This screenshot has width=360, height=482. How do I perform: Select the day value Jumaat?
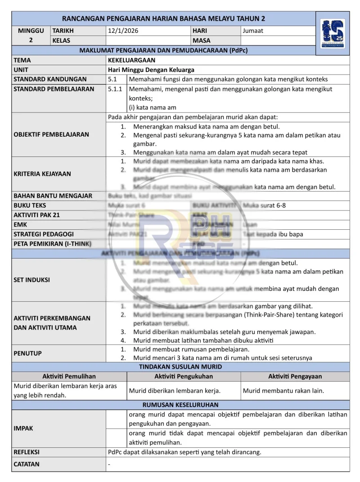click(253, 31)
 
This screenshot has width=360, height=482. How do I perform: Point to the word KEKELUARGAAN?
click(131, 60)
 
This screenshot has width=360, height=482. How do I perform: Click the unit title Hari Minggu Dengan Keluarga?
click(151, 70)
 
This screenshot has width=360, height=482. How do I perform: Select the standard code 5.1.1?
click(115, 89)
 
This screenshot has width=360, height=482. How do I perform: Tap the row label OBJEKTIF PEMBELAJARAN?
click(51, 134)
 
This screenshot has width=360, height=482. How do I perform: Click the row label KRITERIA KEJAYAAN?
click(42, 174)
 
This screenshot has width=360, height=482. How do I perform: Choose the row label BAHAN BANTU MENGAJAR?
click(53, 196)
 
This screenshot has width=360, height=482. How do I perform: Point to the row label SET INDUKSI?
click(32, 280)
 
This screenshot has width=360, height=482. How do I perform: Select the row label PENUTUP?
click(28, 353)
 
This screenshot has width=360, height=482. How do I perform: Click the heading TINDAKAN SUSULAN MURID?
click(180, 367)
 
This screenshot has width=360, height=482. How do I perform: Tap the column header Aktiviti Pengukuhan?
click(184, 376)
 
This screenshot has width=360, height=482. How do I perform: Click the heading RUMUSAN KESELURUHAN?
click(180, 405)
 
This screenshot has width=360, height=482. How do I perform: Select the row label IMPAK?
click(23, 428)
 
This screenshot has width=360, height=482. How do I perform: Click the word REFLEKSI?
click(27, 452)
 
